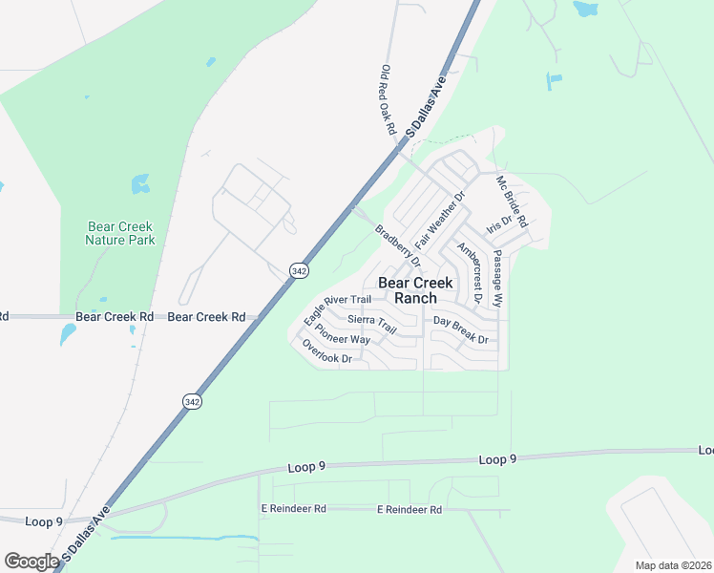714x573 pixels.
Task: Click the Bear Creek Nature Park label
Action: tap(120, 233)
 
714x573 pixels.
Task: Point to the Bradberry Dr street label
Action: tap(397, 245)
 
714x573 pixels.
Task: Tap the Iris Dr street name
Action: tap(499, 226)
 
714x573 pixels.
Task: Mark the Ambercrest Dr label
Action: tap(469, 272)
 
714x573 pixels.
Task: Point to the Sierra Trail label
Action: tap(371, 324)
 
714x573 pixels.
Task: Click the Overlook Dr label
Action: tap(327, 351)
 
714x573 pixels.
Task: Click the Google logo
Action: tap(31, 562)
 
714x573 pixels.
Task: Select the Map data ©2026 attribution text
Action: tap(673, 565)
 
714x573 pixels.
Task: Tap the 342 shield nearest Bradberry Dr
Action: tap(299, 271)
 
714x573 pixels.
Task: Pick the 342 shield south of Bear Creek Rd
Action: tap(192, 402)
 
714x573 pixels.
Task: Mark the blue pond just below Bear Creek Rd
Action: tap(68, 334)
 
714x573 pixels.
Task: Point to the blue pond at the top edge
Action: tap(584, 9)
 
